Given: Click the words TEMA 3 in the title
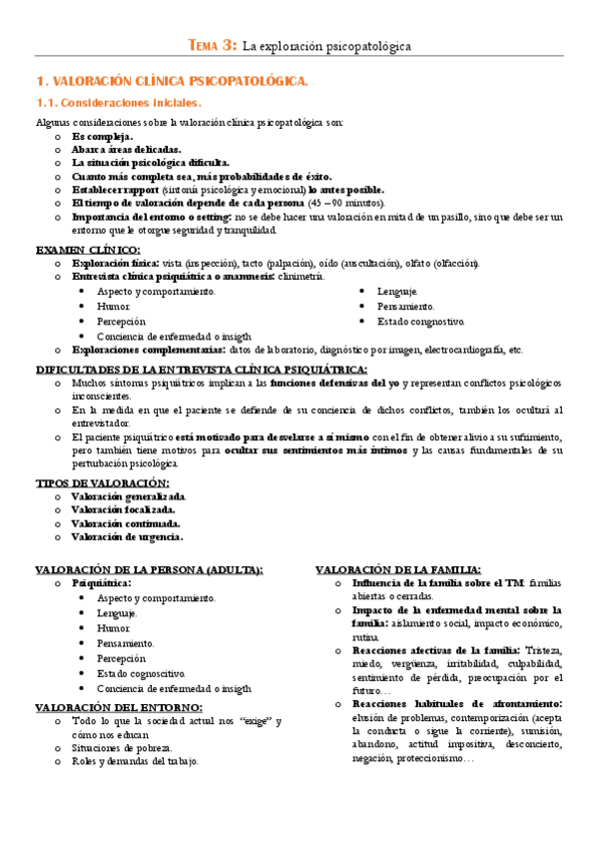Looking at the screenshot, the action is pyautogui.click(x=213, y=45).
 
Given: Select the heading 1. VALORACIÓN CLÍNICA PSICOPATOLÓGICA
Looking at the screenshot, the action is pyautogui.click(x=172, y=80).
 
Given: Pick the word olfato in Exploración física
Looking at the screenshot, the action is pyautogui.click(x=422, y=263).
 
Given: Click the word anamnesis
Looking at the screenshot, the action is pyautogui.click(x=246, y=277).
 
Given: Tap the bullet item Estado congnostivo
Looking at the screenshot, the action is pyautogui.click(x=420, y=322).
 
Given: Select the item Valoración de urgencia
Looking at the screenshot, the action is pyautogui.click(x=126, y=536).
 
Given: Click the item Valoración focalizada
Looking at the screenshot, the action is pyautogui.click(x=123, y=509).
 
